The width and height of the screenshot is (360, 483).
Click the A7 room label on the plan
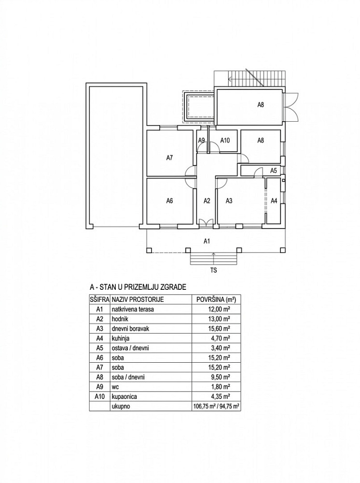coord(169,158)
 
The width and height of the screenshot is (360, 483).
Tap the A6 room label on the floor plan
coord(169,201)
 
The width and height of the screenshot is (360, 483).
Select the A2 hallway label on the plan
coord(207,201)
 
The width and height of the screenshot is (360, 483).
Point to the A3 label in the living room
coord(229,201)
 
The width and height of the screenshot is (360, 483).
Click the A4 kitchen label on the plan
coord(274,201)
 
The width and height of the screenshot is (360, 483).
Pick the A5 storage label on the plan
coord(274,170)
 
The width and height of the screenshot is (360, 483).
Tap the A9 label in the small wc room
coord(202,141)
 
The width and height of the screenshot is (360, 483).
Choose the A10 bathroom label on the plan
coord(225,141)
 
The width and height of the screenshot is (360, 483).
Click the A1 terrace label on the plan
coord(207,241)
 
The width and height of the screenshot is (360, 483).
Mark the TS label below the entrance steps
coord(213,270)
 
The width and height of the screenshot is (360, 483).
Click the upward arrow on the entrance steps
coord(213,258)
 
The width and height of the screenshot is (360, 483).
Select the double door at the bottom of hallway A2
coord(206,223)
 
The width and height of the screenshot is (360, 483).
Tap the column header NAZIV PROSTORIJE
coord(138,299)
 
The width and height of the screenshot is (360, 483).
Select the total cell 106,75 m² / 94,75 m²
coord(216,406)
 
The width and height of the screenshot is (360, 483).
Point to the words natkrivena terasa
coord(133,309)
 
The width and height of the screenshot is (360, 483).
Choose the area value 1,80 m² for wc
coord(221,387)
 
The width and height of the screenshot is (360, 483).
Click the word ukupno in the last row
coord(121,407)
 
